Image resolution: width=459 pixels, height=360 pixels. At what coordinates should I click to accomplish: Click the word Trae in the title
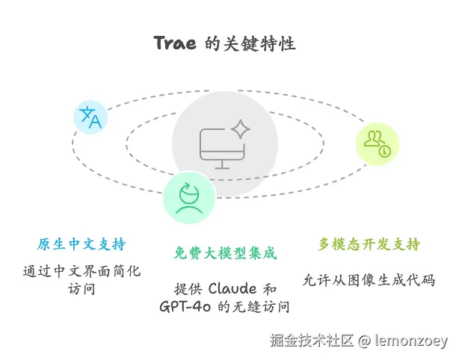point(176,43)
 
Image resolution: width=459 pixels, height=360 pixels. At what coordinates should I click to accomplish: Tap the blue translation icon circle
point(90,118)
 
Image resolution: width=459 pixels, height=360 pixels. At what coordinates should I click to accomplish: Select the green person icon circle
point(188,196)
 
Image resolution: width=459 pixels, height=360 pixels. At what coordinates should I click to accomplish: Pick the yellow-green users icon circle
point(376,143)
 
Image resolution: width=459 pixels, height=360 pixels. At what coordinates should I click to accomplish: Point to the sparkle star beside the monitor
point(240,130)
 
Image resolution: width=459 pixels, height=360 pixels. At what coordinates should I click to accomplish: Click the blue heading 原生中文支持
point(81,245)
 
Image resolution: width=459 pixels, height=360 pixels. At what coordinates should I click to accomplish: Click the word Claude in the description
point(233,288)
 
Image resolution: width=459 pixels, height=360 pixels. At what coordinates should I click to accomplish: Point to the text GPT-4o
point(185,306)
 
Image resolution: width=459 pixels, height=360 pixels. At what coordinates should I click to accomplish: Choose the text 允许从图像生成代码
point(369,280)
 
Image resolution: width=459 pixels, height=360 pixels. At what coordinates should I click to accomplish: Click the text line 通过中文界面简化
point(81,270)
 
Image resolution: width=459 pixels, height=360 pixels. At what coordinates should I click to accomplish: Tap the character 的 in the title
point(212,43)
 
